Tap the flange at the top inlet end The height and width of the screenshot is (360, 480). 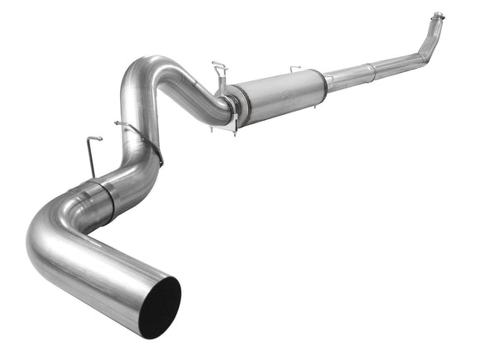tap(437, 17)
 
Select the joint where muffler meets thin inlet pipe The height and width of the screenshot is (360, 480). tap(328, 81)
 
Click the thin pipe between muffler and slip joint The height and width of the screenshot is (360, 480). tap(348, 76)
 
